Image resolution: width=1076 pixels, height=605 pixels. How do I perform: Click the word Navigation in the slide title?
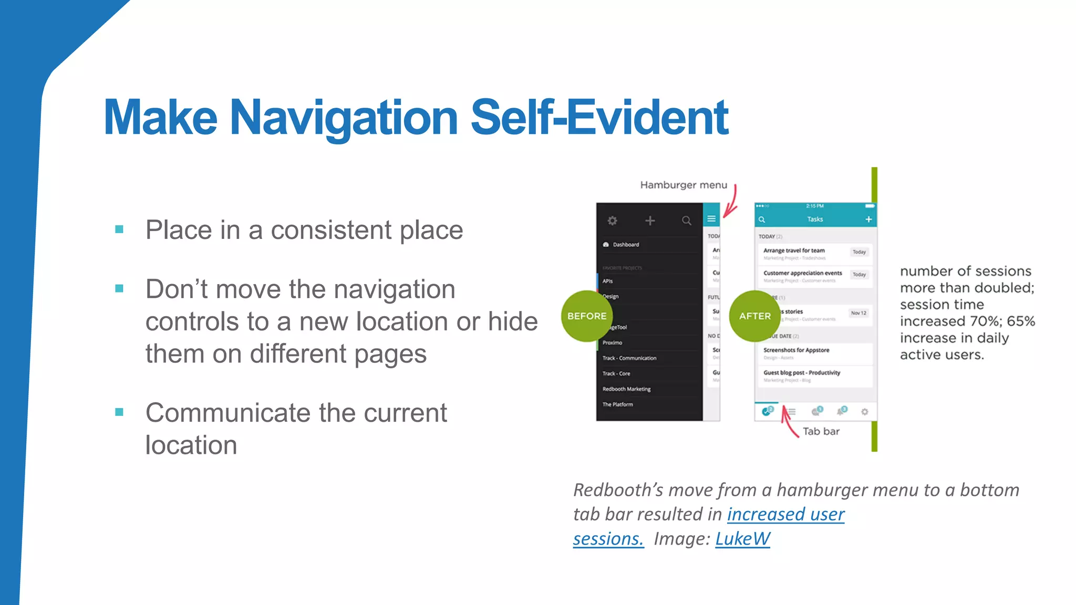pyautogui.click(x=344, y=118)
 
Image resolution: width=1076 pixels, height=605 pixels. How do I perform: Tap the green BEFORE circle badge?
pyautogui.click(x=586, y=316)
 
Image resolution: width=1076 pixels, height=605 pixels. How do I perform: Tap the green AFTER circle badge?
pyautogui.click(x=755, y=316)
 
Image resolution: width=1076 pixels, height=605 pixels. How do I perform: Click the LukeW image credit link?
pyautogui.click(x=742, y=539)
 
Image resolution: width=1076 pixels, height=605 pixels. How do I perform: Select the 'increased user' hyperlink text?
pyautogui.click(x=785, y=514)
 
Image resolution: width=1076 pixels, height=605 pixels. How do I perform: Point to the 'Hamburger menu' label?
pyautogui.click(x=684, y=185)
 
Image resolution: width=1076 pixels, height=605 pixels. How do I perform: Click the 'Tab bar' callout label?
pyautogui.click(x=821, y=431)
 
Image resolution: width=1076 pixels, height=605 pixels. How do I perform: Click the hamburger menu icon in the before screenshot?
pyautogui.click(x=711, y=219)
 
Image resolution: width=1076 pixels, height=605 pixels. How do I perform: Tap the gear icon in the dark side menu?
pyautogui.click(x=613, y=221)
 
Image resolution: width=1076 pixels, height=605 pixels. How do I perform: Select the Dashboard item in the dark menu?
pyautogui.click(x=625, y=245)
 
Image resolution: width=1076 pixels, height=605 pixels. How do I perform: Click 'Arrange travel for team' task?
pyautogui.click(x=794, y=251)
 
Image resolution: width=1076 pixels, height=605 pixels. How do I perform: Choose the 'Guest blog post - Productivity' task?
pyautogui.click(x=802, y=373)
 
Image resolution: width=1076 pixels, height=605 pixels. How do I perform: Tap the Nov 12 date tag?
pyautogui.click(x=858, y=313)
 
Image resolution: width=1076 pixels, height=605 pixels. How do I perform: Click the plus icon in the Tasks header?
pyautogui.click(x=868, y=220)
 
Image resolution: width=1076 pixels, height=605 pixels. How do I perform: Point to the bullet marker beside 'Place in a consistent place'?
pyautogui.click(x=119, y=230)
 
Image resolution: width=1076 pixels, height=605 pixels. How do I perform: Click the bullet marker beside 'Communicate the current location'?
pyautogui.click(x=119, y=412)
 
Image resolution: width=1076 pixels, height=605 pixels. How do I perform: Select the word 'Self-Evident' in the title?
pyautogui.click(x=599, y=118)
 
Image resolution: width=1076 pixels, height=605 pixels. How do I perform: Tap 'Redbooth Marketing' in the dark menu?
pyautogui.click(x=626, y=389)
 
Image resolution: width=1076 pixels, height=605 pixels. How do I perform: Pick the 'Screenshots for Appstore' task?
pyautogui.click(x=796, y=350)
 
